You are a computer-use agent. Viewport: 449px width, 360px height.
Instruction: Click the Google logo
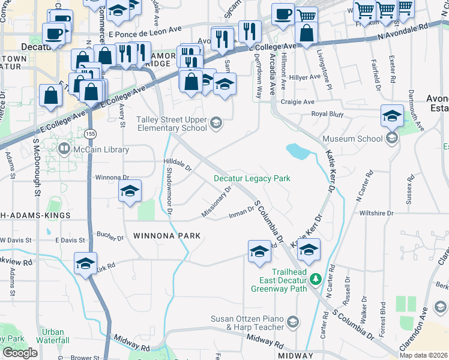[20, 353]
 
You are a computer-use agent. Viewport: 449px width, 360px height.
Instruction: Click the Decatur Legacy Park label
[252, 178]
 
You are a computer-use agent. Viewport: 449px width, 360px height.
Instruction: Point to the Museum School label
[352, 139]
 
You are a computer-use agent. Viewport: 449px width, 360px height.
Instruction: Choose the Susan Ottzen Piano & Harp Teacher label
[247, 323]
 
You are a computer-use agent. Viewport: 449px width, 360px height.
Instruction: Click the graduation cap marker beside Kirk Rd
[86, 263]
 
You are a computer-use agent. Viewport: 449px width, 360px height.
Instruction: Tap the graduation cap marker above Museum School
[392, 115]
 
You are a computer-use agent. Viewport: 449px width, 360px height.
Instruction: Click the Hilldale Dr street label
[178, 165]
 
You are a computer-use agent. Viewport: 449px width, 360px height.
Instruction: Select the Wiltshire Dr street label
[376, 213]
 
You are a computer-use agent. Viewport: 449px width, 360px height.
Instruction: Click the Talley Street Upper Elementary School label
[171, 124]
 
